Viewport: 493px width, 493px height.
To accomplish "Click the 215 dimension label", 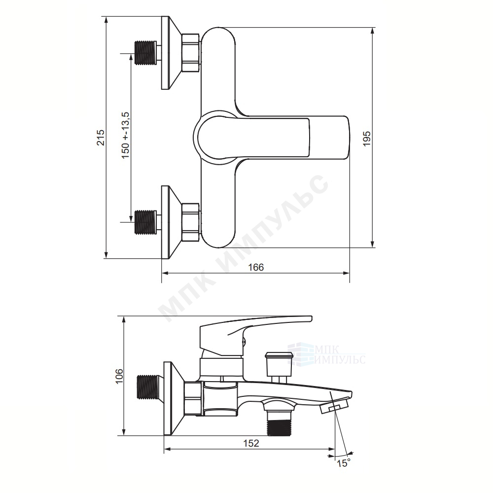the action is [101, 138].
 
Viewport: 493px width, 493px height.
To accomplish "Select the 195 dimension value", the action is [367, 139].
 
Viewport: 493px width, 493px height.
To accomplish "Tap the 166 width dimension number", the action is [256, 267].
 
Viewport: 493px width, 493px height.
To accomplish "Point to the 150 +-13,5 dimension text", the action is [126, 135].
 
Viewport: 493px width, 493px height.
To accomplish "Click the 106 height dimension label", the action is [119, 376].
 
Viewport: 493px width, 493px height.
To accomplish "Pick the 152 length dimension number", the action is [251, 443].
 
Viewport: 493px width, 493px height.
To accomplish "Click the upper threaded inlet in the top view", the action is [145, 53].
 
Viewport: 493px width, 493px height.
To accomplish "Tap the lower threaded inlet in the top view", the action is [145, 222].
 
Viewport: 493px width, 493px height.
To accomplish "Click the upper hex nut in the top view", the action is [191, 53].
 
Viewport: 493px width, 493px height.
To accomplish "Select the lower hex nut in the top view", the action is [191, 222].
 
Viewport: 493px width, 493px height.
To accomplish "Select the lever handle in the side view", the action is [255, 336].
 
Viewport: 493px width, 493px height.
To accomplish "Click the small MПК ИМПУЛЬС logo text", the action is [340, 354].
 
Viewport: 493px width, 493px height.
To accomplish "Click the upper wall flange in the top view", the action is [171, 53].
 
